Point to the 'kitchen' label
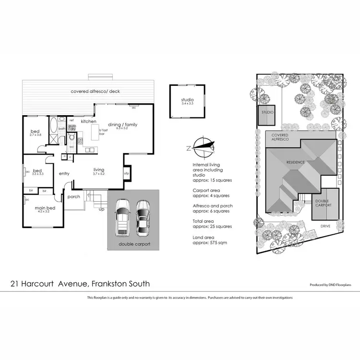89,121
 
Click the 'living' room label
99,170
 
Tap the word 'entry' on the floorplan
65,174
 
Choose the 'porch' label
74,196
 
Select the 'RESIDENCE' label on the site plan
296,162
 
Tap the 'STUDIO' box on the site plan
267,115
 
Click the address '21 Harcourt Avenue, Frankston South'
80,284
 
